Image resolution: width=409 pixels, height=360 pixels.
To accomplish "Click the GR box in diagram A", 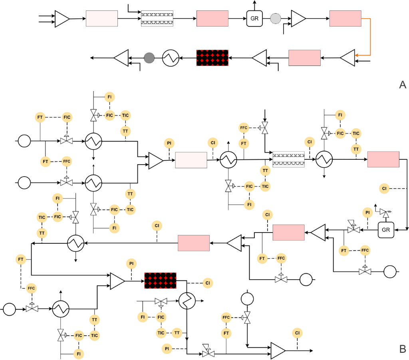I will pos(254,19).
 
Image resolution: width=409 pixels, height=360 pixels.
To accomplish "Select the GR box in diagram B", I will pos(386,230).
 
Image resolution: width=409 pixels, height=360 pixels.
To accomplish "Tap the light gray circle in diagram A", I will pos(276,19).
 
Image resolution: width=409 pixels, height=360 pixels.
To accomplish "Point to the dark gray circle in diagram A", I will pos(149,58).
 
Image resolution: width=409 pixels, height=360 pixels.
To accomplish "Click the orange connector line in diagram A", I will pos(370,36).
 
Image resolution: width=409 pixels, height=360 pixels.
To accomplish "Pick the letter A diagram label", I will pos(402,85).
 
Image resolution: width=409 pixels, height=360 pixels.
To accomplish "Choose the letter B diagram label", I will pos(403,349).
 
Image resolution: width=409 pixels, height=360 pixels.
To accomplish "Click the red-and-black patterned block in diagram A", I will pos(212,58).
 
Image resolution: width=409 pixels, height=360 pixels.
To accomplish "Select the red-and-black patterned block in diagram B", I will pos(160,280).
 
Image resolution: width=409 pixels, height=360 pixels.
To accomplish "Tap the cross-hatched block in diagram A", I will pos(157,19).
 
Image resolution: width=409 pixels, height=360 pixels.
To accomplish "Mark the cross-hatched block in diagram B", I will pos(288,159).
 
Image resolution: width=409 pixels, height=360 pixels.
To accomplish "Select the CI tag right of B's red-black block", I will pos(207,283).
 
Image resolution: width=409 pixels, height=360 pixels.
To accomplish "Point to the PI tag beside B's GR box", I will pos(367,213).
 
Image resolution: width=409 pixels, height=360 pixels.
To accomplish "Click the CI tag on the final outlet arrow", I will pos(297,333).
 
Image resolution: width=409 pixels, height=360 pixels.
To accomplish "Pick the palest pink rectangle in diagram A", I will pos(102,19).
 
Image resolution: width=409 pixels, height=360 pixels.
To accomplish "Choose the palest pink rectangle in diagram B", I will pos(191,160).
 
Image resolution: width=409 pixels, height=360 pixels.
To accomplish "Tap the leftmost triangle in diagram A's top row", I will pos(62,19).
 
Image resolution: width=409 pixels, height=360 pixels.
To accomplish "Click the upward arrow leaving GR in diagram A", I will pos(254,4).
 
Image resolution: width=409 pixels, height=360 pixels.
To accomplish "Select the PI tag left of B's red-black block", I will pos(131,264).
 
